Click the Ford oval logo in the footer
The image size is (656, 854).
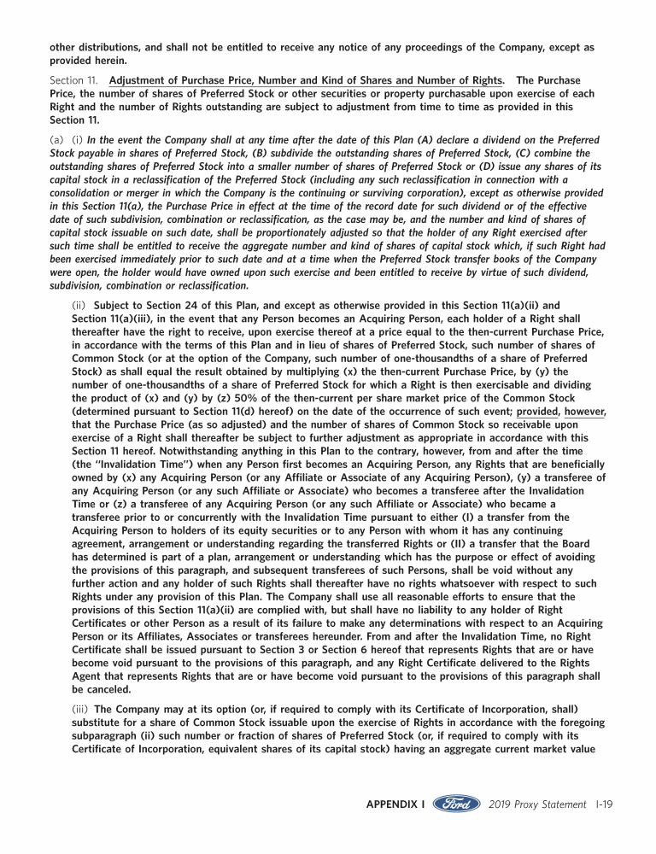tap(456, 804)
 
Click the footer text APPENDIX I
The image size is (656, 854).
tap(395, 804)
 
